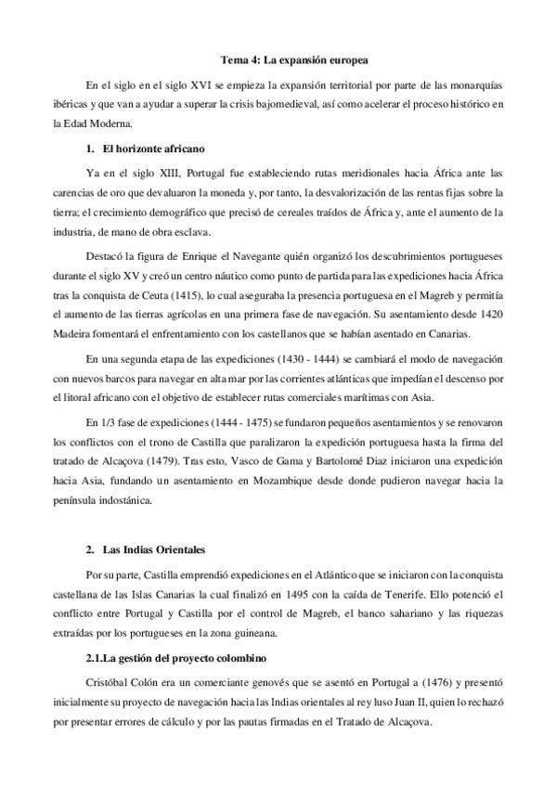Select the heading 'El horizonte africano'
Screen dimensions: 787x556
click(x=150, y=148)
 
